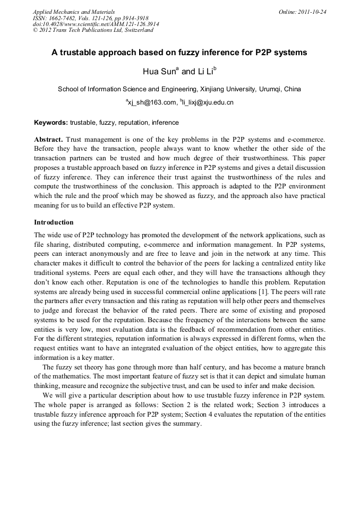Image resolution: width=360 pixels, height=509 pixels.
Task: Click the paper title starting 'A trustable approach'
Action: [x=179, y=53]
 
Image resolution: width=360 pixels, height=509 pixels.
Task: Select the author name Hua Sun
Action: [x=158, y=72]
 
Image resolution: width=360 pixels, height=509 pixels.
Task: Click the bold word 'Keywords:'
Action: [x=51, y=123]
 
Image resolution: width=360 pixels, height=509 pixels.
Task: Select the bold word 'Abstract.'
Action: [x=49, y=139]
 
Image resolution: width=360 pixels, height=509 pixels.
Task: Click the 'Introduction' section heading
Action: [x=54, y=222]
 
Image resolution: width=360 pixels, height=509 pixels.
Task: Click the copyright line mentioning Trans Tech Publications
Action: [x=92, y=30]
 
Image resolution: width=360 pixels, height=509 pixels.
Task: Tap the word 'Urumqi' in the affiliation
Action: [x=270, y=89]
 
